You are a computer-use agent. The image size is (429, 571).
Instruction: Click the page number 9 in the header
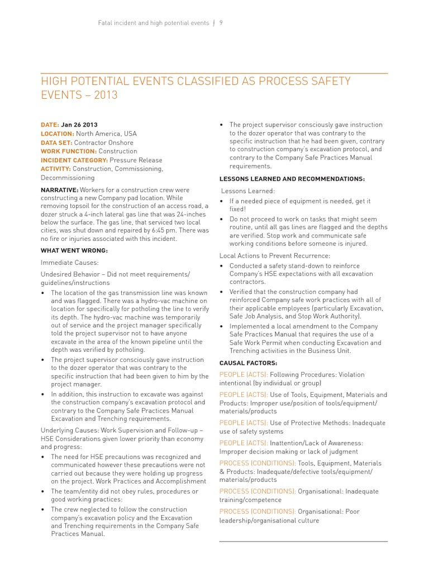click(221, 23)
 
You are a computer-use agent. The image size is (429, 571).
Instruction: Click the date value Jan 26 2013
click(83, 125)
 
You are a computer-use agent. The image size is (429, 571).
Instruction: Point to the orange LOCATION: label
click(58, 134)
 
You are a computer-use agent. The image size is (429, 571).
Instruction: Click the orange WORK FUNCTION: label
click(69, 151)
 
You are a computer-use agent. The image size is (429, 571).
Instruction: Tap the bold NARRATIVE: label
click(59, 190)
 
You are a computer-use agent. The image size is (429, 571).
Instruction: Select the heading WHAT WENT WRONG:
click(74, 250)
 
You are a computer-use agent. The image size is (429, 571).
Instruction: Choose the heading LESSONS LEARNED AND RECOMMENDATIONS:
click(292, 178)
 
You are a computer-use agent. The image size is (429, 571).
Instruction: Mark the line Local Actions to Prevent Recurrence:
click(275, 255)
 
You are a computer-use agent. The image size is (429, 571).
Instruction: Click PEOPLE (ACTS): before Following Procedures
click(244, 375)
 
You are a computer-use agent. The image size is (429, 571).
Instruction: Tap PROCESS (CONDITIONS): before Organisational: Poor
click(258, 511)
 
